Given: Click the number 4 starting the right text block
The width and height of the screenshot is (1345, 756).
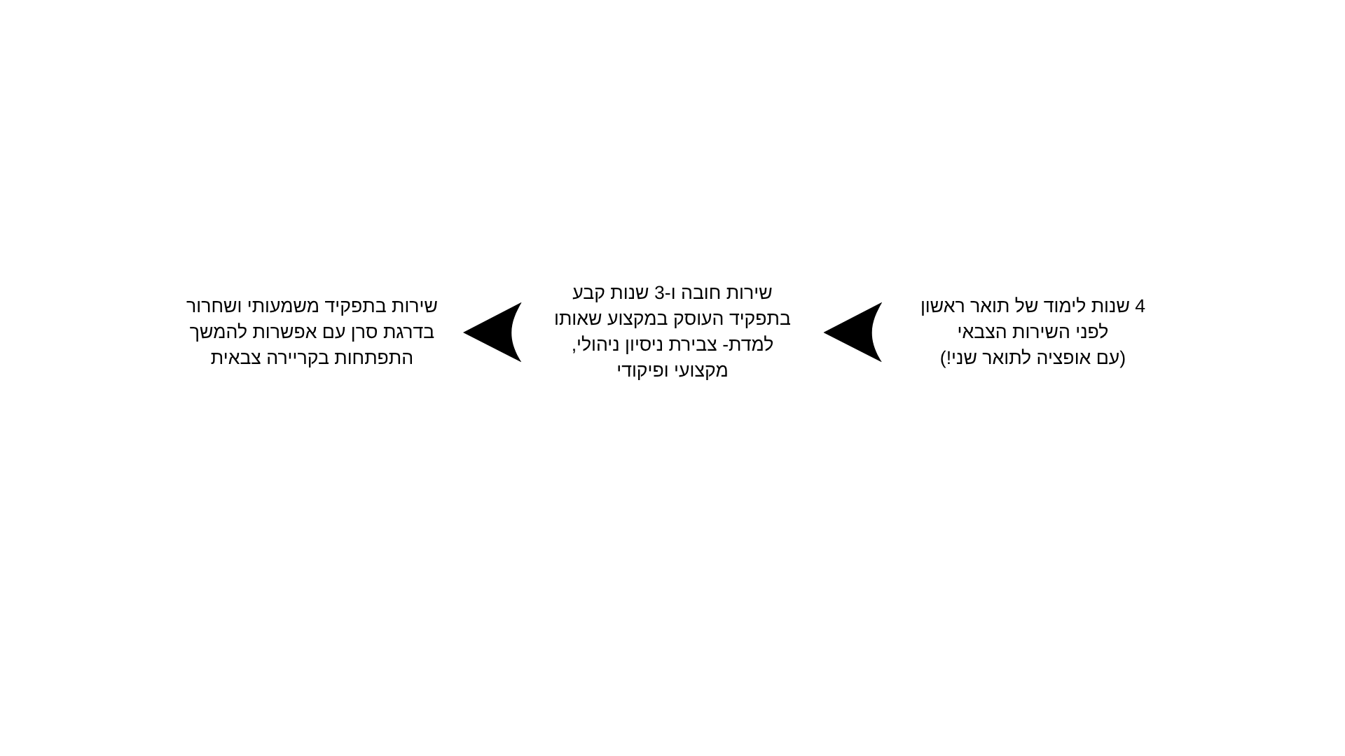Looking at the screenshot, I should [x=1139, y=306].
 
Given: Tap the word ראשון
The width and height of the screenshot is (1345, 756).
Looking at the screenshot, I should [x=943, y=306].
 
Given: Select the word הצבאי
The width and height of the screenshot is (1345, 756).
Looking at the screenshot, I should [x=980, y=332].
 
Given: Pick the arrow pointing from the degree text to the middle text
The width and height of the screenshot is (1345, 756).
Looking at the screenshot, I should [x=853, y=332].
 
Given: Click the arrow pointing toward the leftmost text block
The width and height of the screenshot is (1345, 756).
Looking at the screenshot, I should [x=493, y=332].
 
